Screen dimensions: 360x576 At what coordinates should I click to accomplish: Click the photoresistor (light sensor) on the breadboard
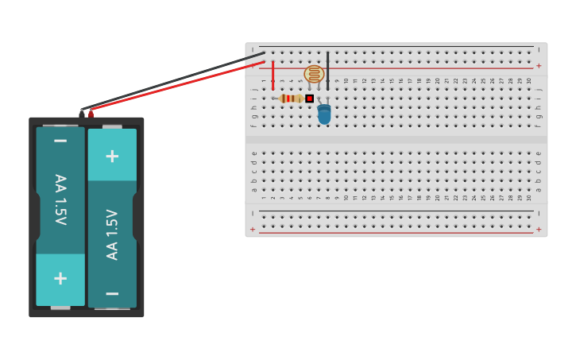(314, 74)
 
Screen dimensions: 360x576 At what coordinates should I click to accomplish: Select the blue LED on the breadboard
(324, 114)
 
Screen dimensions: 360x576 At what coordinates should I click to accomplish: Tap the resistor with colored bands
(292, 99)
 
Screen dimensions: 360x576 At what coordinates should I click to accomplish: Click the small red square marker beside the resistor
(310, 99)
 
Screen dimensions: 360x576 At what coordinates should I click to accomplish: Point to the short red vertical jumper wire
(273, 75)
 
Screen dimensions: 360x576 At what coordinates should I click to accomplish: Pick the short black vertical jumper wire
(327, 70)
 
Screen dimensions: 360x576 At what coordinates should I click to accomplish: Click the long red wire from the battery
(175, 87)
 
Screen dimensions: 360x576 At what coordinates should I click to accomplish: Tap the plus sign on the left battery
(60, 278)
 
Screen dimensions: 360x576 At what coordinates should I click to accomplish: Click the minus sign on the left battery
(60, 141)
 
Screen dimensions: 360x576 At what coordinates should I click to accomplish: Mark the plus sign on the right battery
(112, 156)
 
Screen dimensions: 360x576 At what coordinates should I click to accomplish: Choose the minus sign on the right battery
(112, 293)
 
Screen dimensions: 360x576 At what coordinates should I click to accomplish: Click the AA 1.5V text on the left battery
(60, 199)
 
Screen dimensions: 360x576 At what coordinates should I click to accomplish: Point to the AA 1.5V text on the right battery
(112, 234)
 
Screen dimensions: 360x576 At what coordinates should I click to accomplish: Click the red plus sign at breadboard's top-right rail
(539, 66)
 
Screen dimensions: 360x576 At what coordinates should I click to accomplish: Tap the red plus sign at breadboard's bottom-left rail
(253, 230)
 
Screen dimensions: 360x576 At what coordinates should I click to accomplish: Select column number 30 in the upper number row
(529, 80)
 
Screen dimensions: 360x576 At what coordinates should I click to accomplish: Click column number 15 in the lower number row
(392, 197)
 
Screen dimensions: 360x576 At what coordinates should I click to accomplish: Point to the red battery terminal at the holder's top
(91, 114)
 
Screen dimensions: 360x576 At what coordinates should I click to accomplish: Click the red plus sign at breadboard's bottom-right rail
(539, 230)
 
